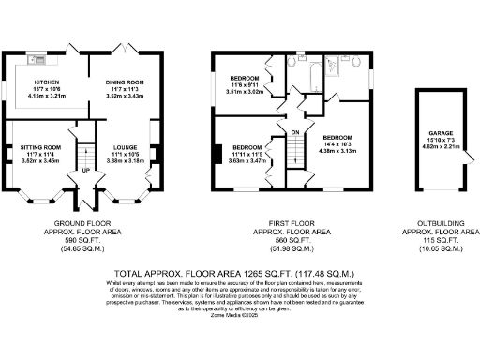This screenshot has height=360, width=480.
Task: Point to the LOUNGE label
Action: coord(126,147)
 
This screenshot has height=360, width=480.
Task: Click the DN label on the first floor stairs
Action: coord(294,132)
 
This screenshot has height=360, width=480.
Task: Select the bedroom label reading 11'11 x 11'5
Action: coord(247,148)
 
